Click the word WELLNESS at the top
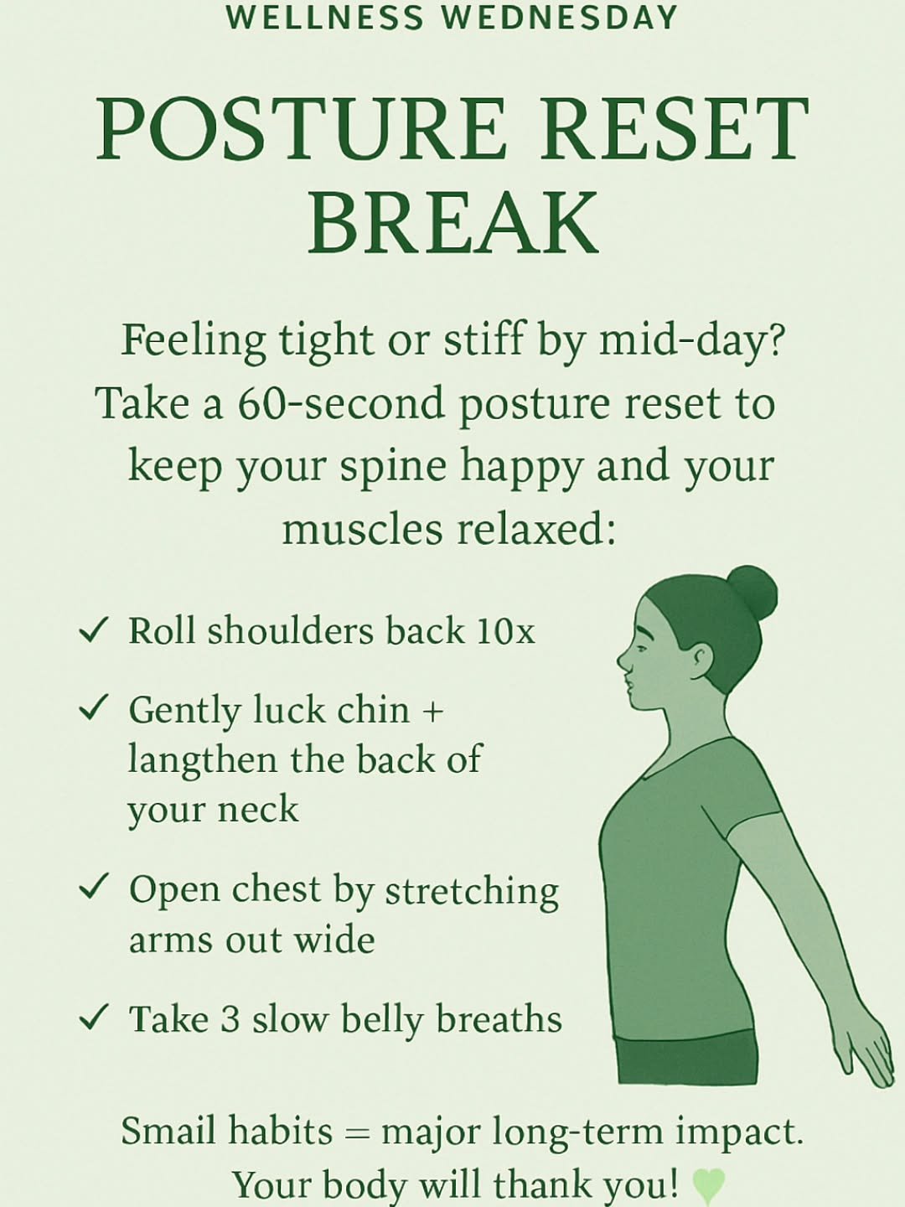click(x=324, y=18)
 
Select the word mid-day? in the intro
click(x=691, y=341)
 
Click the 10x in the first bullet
click(x=505, y=631)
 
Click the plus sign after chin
click(x=432, y=712)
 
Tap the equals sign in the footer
click(x=357, y=1133)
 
